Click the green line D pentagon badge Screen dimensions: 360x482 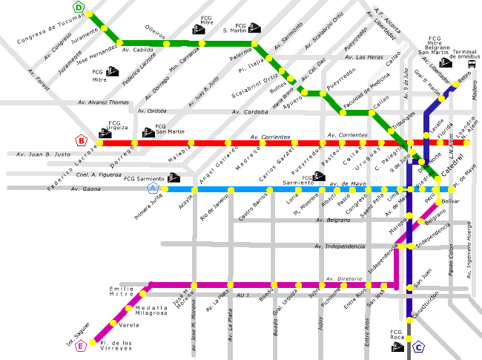(90, 8)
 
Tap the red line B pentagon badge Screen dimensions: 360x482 (82, 140)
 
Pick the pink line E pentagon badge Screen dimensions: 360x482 (81, 345)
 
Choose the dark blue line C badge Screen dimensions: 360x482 (419, 346)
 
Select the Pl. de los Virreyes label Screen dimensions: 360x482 (117, 346)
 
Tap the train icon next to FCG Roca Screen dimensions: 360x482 (397, 346)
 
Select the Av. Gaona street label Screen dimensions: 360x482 (85, 189)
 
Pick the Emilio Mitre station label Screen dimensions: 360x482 (122, 292)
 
